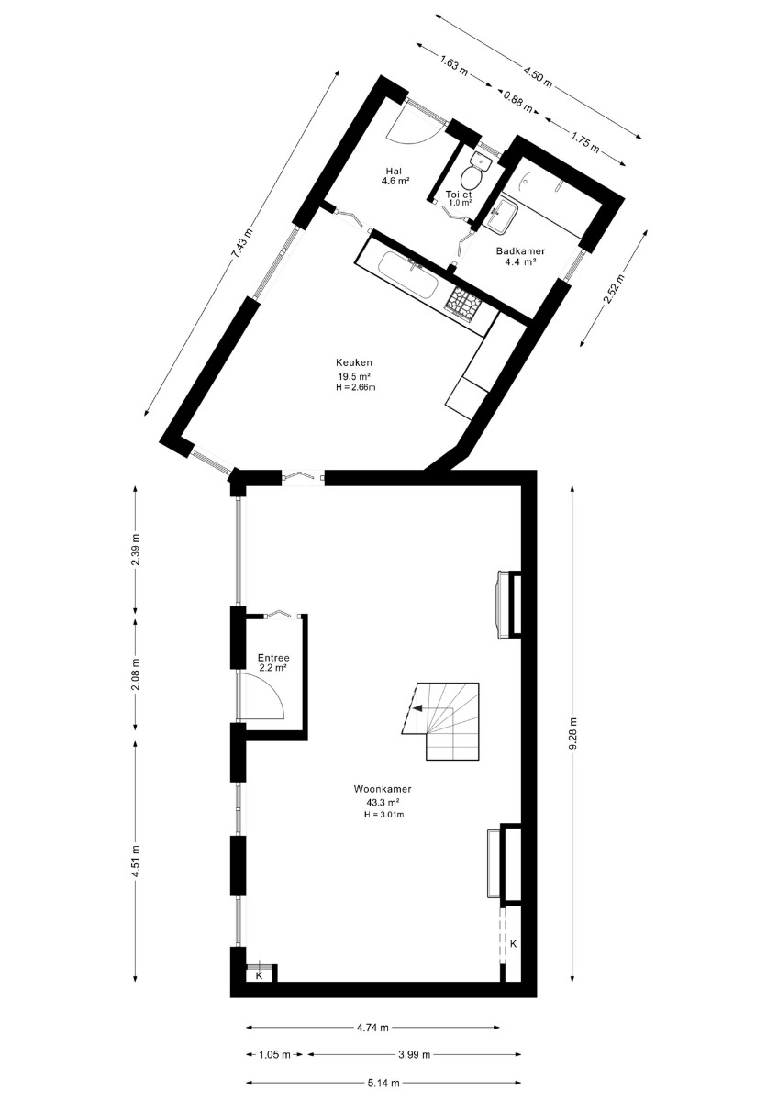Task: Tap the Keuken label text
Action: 353,362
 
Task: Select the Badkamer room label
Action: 520,250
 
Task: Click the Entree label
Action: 273,658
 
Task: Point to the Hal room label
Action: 394,171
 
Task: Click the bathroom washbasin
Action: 502,216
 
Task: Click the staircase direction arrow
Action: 419,708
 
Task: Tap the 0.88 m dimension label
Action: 518,101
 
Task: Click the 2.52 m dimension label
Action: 615,288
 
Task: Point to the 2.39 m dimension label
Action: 136,549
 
